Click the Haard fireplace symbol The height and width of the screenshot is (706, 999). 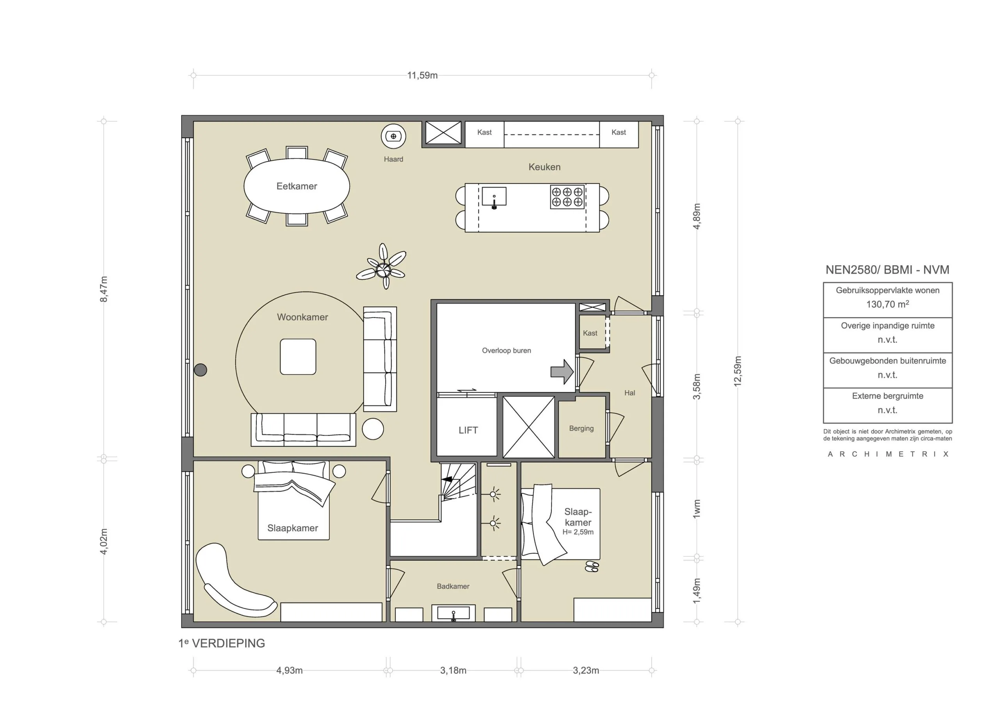(393, 136)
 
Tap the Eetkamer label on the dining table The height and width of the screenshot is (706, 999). (297, 186)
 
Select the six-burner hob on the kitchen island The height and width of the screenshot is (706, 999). (567, 197)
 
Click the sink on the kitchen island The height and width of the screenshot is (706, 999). (494, 197)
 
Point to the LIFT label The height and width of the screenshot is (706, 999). (468, 430)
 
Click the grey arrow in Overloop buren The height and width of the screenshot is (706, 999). (562, 371)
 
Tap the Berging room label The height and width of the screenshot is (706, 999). (581, 428)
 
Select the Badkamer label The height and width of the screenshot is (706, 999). (453, 586)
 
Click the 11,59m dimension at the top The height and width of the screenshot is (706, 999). (422, 75)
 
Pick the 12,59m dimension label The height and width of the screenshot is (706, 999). (738, 371)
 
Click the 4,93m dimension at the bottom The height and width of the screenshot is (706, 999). (289, 671)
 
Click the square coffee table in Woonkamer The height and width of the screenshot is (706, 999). (298, 357)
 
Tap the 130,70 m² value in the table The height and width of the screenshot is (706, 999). (887, 304)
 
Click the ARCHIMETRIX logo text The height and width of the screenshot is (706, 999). (888, 454)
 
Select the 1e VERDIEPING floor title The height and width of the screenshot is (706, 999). (222, 643)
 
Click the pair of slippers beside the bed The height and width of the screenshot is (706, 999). (592, 566)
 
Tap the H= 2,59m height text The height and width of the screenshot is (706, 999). (578, 532)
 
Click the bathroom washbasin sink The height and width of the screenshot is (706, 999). (453, 613)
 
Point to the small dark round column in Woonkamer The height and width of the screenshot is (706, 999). (200, 370)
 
